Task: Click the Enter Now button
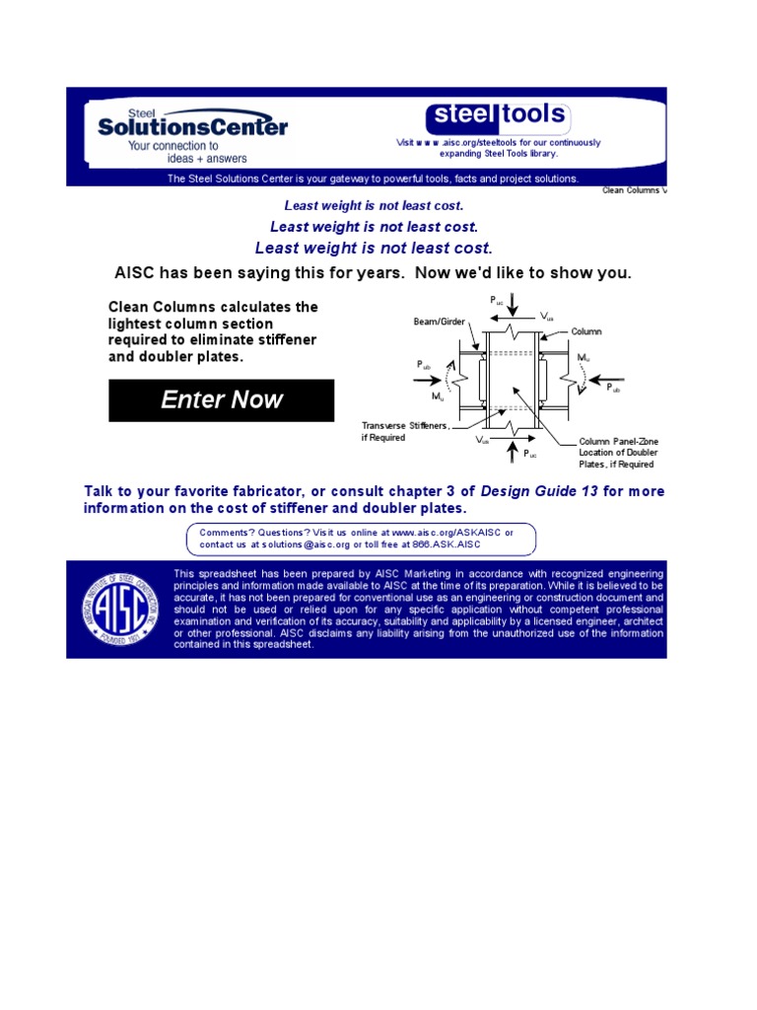[x=221, y=400]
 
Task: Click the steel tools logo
[x=498, y=116]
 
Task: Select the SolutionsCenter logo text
[x=193, y=126]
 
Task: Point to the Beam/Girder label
[x=438, y=323]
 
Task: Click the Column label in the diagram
[x=586, y=332]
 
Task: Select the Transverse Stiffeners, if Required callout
[x=405, y=431]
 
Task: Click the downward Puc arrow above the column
[x=512, y=315]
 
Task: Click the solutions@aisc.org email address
[x=287, y=544]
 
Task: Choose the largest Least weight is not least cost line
[x=374, y=248]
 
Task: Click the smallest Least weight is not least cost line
[x=374, y=206]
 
